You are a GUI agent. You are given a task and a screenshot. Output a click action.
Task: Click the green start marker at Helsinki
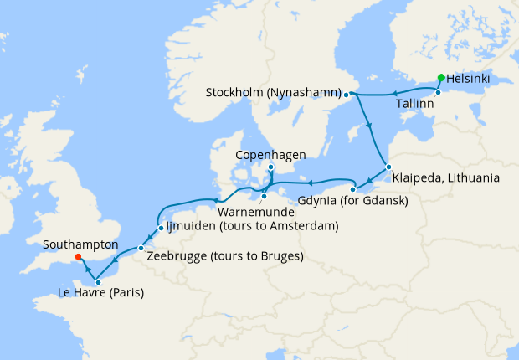coord(439,79)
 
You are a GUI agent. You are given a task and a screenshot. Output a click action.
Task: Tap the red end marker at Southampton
coord(78,257)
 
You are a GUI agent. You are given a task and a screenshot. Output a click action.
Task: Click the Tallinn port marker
coord(438,92)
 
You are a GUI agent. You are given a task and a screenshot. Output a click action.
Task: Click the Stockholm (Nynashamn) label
coord(274,92)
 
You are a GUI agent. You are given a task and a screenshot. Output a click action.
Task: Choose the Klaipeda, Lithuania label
coord(447,177)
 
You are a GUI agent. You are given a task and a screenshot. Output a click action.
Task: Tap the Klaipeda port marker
coord(388,167)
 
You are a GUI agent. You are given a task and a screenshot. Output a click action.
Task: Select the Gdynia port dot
coord(355,186)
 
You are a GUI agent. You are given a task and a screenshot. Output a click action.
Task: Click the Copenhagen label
coord(270,155)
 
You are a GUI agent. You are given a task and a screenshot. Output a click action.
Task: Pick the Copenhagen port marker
coord(270,167)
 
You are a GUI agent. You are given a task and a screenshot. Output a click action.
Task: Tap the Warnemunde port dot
coord(264,197)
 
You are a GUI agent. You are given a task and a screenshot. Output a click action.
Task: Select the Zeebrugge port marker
coord(141,249)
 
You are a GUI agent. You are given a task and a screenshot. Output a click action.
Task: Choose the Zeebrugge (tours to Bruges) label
coord(224,255)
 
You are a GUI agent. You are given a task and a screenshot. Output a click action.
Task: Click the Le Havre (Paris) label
coord(100,293)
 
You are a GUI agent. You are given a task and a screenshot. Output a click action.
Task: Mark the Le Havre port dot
coord(98,282)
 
